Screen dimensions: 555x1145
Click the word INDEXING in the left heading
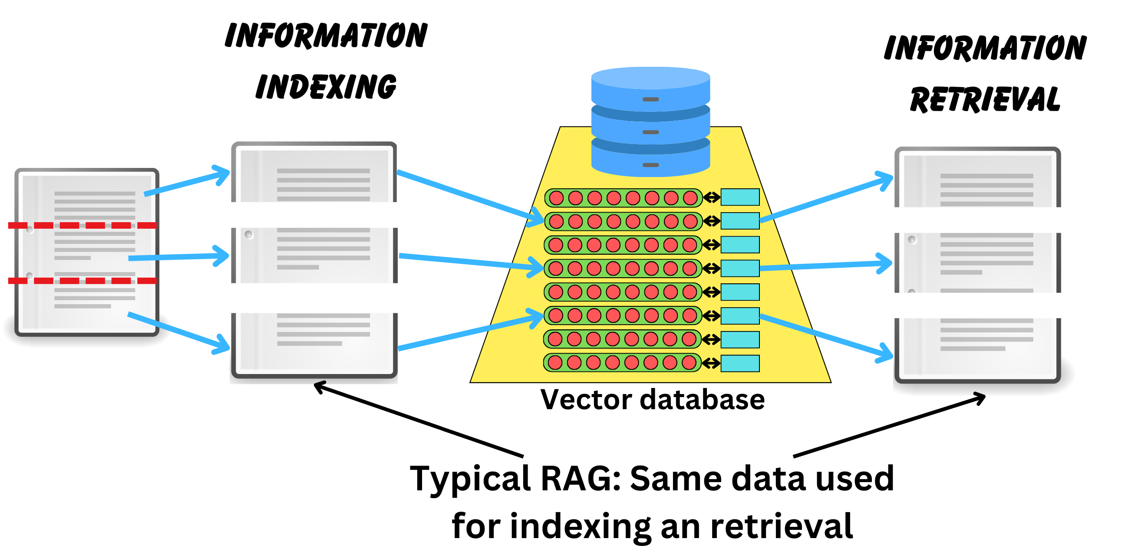point(326,87)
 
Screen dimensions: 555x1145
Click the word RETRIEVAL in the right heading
point(985,99)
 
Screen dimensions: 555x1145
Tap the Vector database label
point(652,400)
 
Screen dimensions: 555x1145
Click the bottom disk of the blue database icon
point(650,162)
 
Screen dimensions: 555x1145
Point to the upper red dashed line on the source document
point(82,225)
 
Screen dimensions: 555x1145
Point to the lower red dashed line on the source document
point(82,280)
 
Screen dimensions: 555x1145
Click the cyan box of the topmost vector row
point(739,197)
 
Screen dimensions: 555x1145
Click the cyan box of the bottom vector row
point(739,364)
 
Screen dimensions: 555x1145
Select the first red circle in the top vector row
point(556,198)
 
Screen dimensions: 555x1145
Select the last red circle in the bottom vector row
point(689,363)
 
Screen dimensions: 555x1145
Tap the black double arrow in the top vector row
point(711,197)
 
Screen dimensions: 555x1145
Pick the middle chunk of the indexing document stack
point(314,255)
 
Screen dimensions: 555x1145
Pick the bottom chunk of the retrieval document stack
point(977,349)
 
